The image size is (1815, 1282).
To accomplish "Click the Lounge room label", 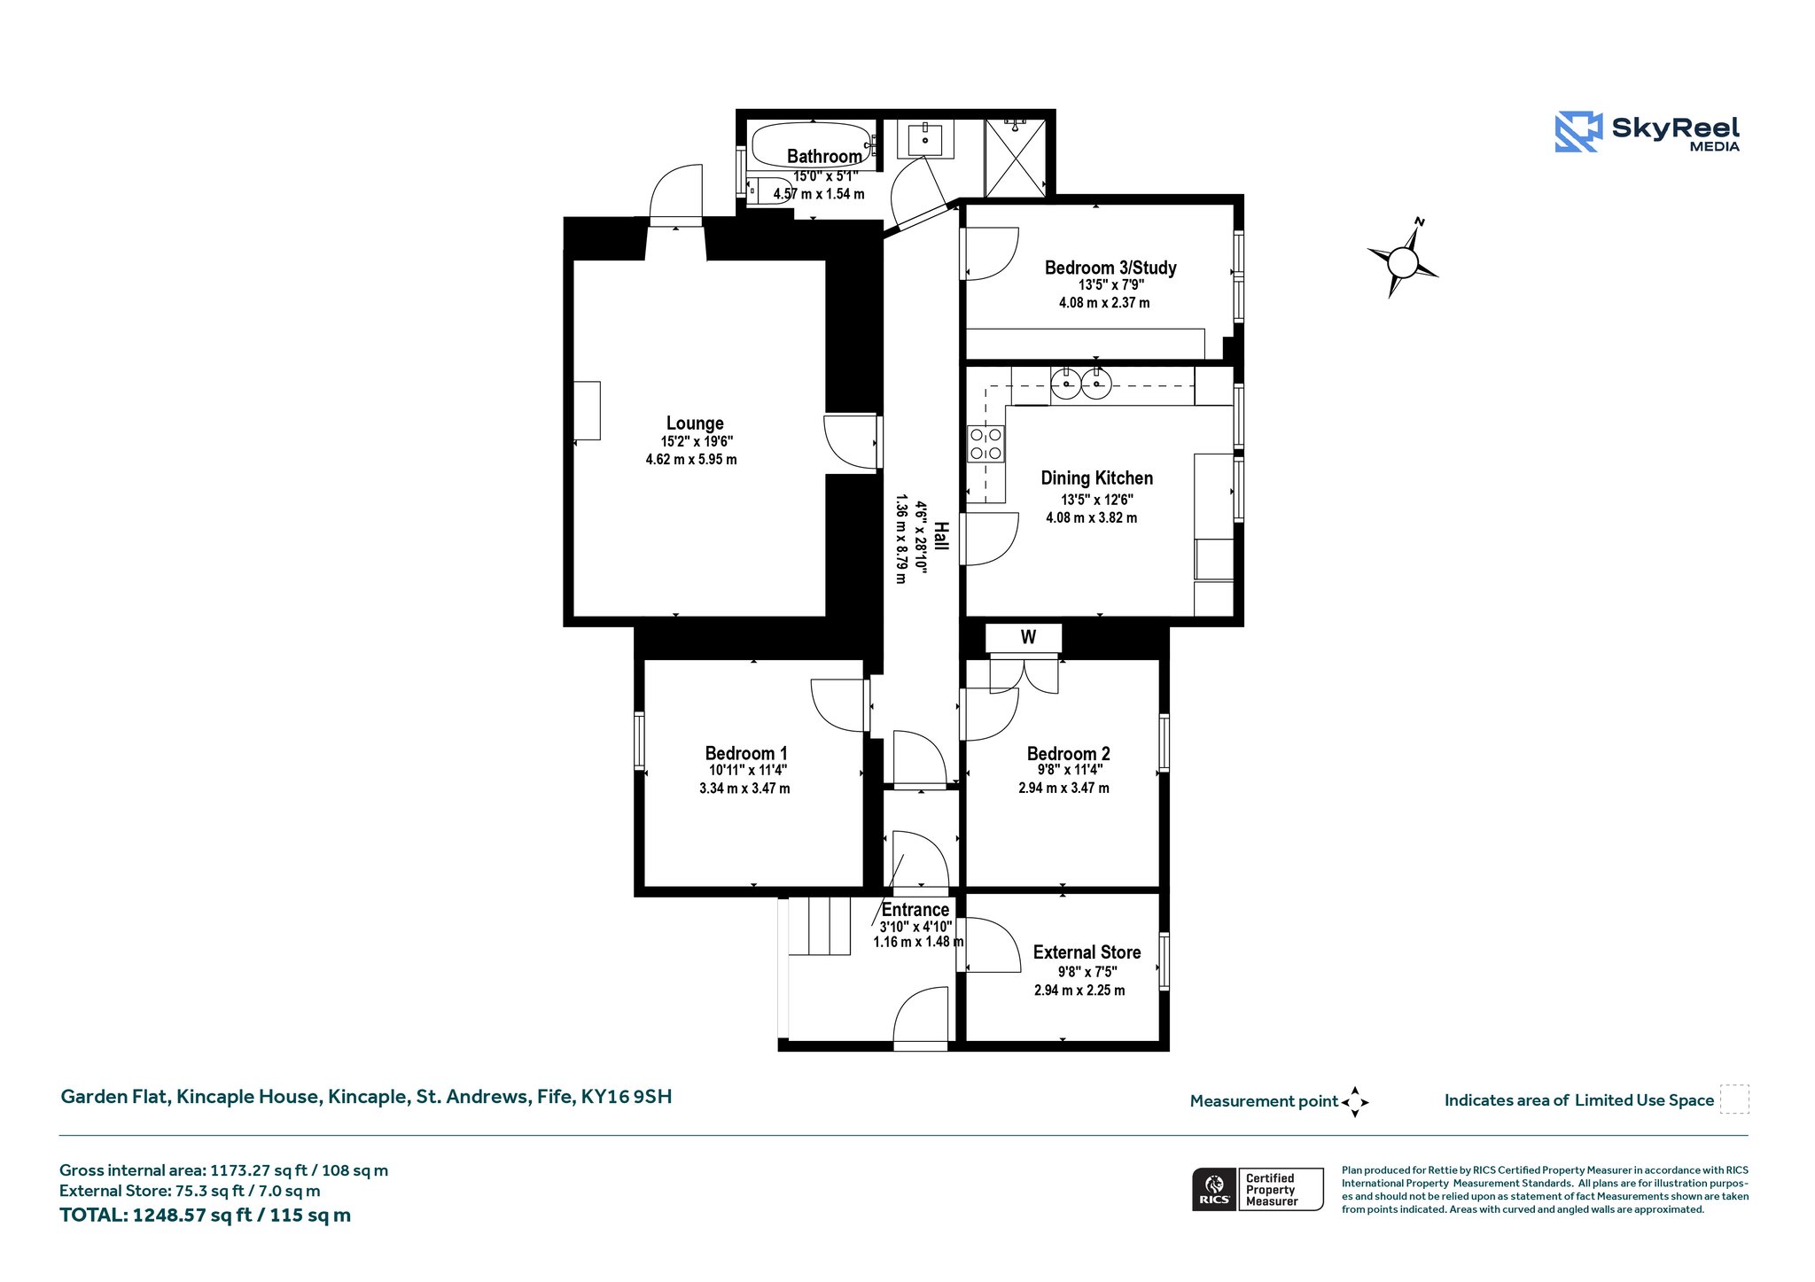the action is pyautogui.click(x=695, y=423).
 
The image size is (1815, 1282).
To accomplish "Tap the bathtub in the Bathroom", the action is pyautogui.click(x=812, y=144).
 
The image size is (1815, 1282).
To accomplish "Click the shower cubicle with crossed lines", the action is pyautogui.click(x=1016, y=159).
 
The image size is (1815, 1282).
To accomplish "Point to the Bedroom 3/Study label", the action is pyautogui.click(x=1110, y=268).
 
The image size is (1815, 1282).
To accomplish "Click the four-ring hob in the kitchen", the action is pyautogui.click(x=986, y=444).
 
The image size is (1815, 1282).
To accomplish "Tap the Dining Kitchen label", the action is pyautogui.click(x=1097, y=478).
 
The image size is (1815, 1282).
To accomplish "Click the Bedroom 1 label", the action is pyautogui.click(x=746, y=753).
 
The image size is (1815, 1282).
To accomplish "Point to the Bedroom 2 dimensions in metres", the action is pyautogui.click(x=1063, y=788).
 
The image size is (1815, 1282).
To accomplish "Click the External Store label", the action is pyautogui.click(x=1087, y=952).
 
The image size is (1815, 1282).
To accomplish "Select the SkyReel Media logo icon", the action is pyautogui.click(x=1578, y=132).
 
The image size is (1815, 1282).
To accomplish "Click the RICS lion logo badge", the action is pyautogui.click(x=1214, y=1189).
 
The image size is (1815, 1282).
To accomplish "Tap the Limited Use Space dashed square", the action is pyautogui.click(x=1734, y=1099).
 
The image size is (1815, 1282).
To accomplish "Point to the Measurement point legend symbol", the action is pyautogui.click(x=1355, y=1102).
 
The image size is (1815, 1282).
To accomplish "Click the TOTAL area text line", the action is pyautogui.click(x=205, y=1216).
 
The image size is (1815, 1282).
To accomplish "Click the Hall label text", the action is pyautogui.click(x=941, y=536).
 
